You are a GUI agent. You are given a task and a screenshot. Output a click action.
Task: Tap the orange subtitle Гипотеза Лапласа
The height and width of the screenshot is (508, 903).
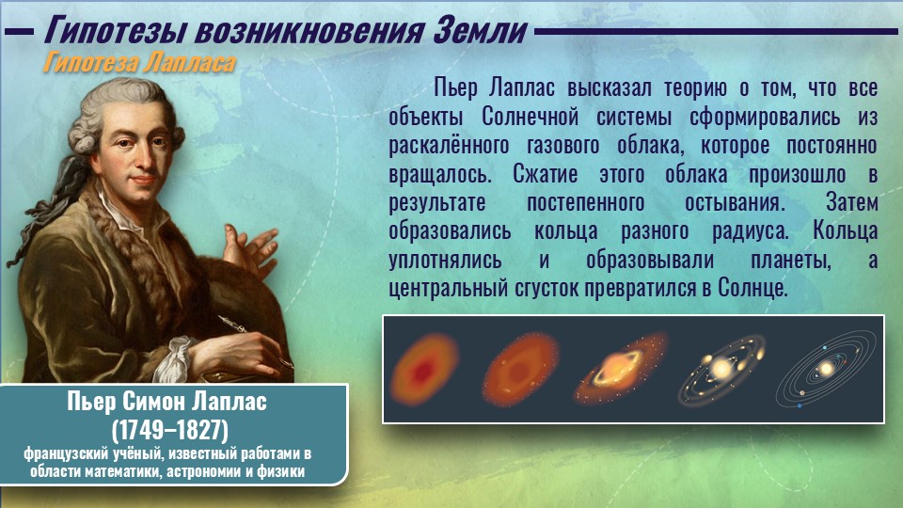click(139, 63)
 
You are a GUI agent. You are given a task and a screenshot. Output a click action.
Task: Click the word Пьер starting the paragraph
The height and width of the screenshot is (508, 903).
click(455, 88)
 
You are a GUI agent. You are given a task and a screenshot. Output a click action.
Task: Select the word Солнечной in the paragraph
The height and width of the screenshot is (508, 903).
click(530, 117)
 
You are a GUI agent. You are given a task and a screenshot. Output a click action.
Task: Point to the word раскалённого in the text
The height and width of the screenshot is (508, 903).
click(449, 146)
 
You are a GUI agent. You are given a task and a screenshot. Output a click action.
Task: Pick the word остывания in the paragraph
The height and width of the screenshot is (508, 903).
click(735, 203)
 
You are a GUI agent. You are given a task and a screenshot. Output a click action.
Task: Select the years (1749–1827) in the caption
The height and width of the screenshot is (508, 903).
click(170, 430)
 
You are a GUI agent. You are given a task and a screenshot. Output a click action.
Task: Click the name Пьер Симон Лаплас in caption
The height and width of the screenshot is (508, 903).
click(167, 402)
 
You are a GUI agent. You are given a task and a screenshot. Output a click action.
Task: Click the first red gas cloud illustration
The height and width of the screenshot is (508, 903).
click(424, 369)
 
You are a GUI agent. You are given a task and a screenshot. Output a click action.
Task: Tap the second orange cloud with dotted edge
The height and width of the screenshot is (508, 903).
click(520, 369)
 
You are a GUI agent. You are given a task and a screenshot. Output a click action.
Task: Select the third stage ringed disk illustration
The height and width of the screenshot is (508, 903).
click(620, 368)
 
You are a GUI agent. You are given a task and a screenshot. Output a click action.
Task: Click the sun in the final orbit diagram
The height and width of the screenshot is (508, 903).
click(827, 369)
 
